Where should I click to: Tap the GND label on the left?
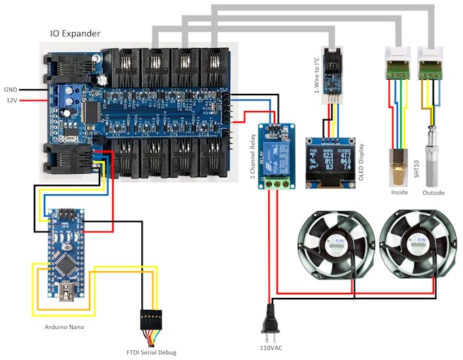coord(11,90)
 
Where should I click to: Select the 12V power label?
coord(11,100)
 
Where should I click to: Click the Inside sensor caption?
coord(399,193)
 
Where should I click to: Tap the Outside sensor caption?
coord(434,193)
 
